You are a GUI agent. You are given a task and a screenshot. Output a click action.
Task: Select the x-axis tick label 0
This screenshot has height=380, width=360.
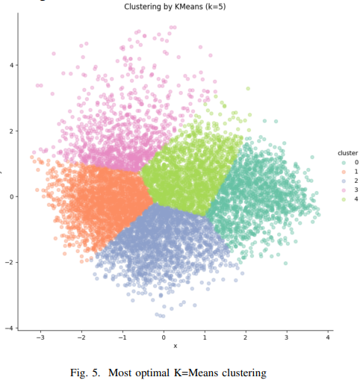164,337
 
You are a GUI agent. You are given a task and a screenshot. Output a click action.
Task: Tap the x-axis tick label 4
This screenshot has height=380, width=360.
328,337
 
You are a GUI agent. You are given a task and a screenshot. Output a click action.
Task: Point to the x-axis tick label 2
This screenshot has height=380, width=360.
246,337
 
